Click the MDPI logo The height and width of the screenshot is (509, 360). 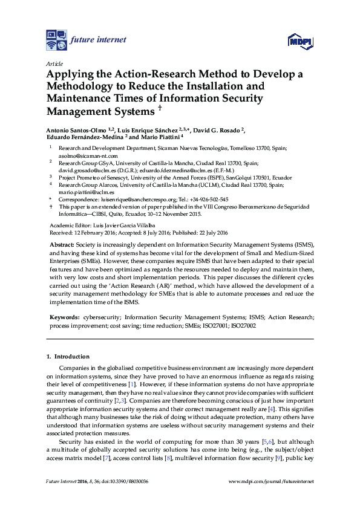(301, 41)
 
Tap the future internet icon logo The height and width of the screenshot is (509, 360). (56, 39)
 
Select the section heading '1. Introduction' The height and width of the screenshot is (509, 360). (68, 357)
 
